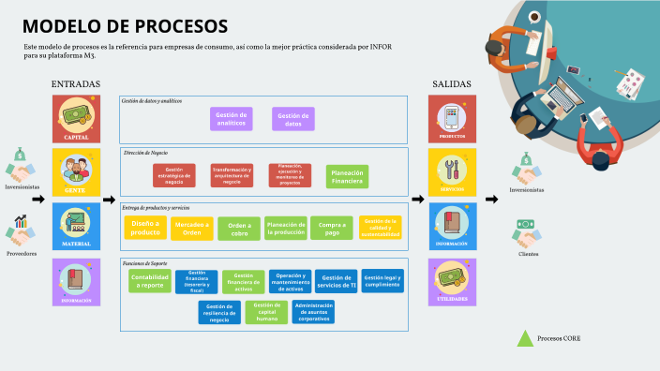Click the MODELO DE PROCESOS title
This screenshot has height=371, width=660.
124,25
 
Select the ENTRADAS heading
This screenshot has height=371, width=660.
76,84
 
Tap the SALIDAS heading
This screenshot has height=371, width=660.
452,84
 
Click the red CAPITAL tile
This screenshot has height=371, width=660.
76,119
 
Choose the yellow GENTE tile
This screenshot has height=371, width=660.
76,172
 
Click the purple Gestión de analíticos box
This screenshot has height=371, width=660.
232,119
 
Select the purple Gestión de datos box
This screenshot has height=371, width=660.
293,119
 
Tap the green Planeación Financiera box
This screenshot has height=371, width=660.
347,175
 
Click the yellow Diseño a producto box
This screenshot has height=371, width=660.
145,228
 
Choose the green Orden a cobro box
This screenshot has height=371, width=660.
239,229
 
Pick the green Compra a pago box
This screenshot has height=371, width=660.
332,228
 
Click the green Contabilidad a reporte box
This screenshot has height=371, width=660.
150,281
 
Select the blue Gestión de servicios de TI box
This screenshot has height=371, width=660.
336,281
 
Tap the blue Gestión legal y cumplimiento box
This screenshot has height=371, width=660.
382,281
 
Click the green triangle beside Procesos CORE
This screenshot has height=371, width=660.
525,338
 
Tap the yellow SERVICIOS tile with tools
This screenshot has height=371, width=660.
452,172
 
